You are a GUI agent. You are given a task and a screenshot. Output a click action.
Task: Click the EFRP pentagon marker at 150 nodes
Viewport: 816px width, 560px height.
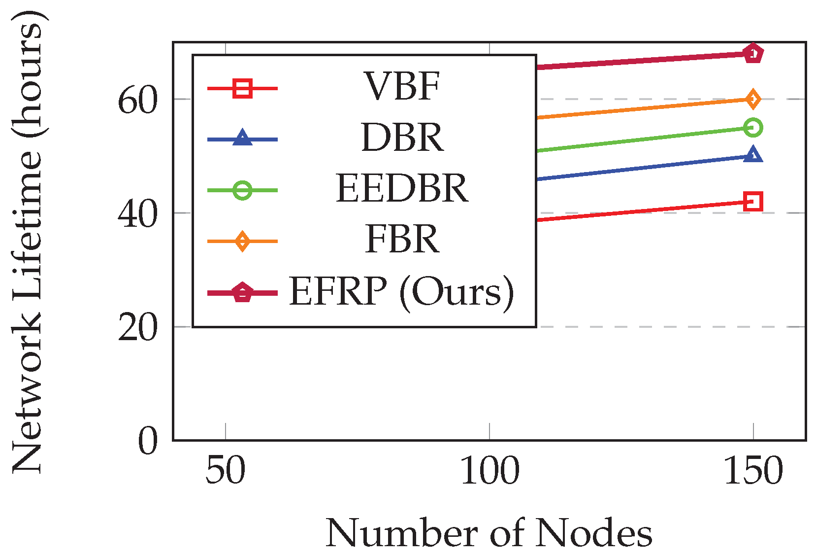pos(753,53)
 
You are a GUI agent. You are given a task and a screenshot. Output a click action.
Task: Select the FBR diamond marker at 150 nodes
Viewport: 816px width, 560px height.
pos(753,99)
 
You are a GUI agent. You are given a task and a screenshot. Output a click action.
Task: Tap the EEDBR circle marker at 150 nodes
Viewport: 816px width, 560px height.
pos(753,128)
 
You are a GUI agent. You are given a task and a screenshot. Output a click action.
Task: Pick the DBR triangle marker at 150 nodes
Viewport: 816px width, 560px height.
pos(753,155)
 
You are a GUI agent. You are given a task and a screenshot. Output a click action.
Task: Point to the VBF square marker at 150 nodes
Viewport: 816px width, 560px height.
pos(753,201)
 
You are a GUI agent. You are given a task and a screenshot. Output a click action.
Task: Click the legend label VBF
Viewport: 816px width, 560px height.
pos(402,87)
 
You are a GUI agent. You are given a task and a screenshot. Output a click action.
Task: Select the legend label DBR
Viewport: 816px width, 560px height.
pos(402,138)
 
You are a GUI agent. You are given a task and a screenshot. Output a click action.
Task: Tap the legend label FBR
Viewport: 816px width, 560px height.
pos(402,239)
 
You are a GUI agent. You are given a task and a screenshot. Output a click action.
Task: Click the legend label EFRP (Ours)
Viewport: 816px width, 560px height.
pos(402,291)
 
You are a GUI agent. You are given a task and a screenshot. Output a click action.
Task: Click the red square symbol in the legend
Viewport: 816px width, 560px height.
pos(243,89)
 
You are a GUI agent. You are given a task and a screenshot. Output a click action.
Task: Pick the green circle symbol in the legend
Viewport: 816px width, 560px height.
pos(243,190)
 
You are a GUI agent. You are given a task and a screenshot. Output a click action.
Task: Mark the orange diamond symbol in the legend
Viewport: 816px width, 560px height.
pos(243,241)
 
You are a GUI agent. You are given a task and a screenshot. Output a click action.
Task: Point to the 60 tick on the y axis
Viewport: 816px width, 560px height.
pos(137,101)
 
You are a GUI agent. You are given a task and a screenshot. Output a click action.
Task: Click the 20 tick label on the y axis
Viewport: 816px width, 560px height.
pos(137,328)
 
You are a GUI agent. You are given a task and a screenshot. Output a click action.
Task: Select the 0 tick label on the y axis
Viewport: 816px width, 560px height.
pos(148,441)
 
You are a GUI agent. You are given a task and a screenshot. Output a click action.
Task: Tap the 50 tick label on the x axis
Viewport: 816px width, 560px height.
pos(225,471)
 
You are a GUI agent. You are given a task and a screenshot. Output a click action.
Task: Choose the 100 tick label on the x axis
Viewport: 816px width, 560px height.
pos(489,471)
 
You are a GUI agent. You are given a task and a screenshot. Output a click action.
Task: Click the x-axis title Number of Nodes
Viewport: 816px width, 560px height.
pos(489,533)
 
